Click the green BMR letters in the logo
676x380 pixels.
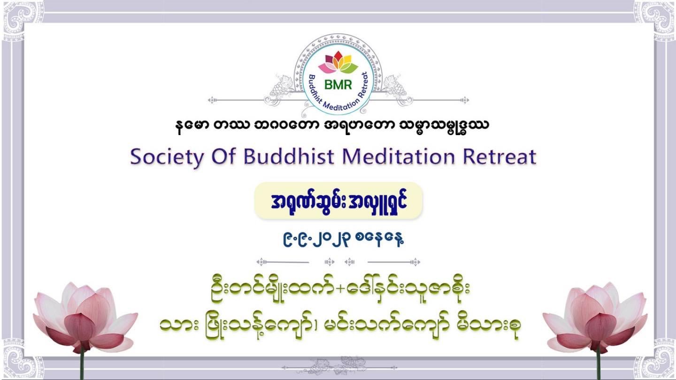pos(338,85)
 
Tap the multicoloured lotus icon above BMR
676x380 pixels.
pos(338,62)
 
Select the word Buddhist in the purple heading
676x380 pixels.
pos(289,156)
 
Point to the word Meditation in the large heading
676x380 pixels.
pos(399,156)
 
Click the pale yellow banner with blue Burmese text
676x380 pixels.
pos(338,201)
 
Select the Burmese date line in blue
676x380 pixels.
pos(343,239)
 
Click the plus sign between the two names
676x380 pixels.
pos(340,289)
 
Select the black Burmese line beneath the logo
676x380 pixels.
pos(332,126)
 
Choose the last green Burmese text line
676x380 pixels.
pos(340,327)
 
